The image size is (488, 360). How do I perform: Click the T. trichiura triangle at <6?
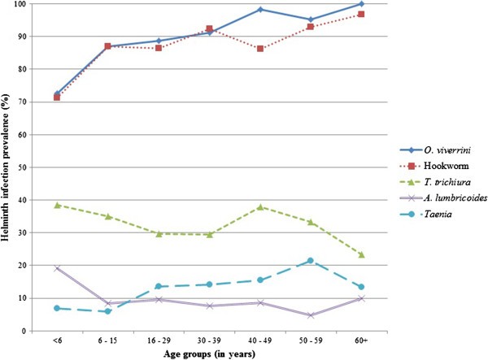click(x=56, y=205)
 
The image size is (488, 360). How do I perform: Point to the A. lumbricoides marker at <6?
click(x=56, y=268)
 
